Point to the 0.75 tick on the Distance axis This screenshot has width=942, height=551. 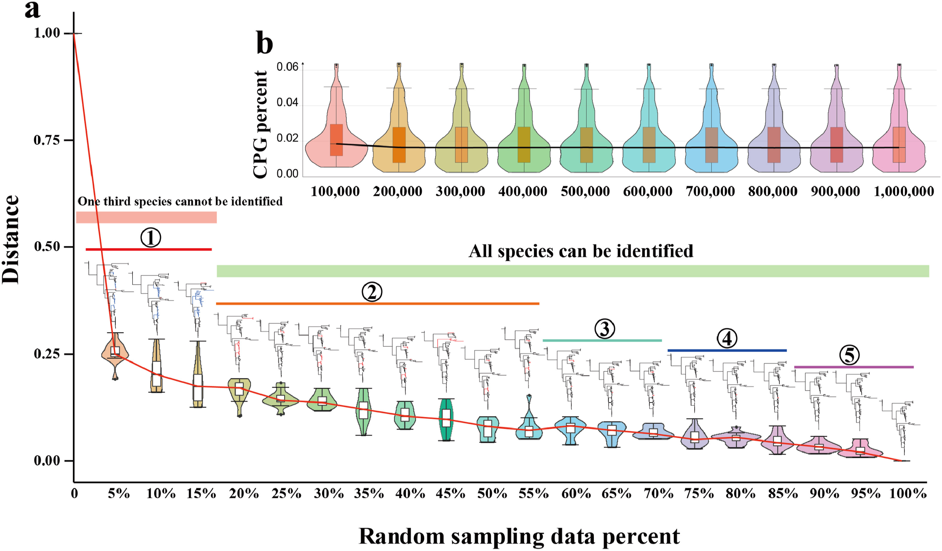47,140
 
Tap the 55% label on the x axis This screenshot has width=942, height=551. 534,494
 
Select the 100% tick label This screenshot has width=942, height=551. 908,494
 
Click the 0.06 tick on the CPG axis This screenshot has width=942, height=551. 287,67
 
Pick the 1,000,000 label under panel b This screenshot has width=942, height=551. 904,192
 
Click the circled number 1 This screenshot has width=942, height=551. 151,238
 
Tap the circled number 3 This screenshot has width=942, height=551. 604,329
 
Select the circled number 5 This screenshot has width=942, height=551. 849,355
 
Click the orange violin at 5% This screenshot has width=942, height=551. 115,353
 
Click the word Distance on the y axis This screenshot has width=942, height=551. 10,239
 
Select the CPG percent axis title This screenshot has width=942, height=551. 260,124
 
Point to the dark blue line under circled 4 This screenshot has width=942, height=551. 727,351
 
